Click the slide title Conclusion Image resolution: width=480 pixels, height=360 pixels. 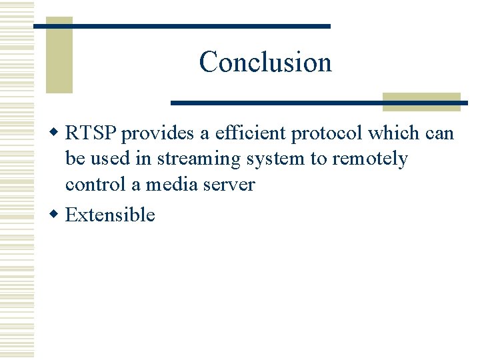point(265,62)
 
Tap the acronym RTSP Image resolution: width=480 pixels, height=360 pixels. point(91,133)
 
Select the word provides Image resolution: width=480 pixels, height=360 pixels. point(155,133)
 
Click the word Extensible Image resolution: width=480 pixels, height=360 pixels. point(110,215)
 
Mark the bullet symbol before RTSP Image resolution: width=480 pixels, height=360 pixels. point(56,133)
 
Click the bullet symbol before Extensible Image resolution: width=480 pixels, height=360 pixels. point(56,215)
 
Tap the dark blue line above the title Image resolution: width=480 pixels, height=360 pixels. point(182,26)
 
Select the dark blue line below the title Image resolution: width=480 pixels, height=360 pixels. point(319,103)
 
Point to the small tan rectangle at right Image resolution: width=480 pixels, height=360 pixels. point(421,101)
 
